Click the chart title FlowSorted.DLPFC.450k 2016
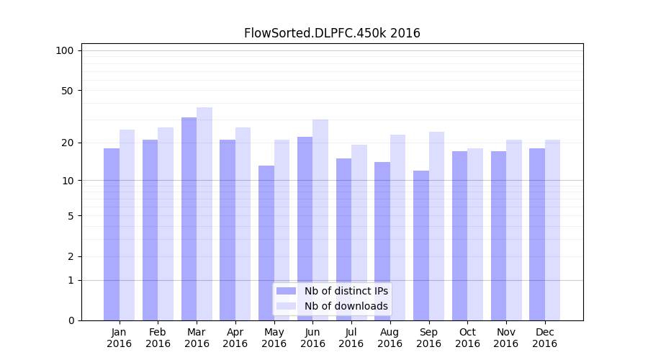[x=332, y=33]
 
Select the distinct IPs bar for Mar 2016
[x=189, y=219]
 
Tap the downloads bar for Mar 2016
[x=204, y=214]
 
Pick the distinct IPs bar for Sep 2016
[x=421, y=246]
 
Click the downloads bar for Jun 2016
[x=320, y=220]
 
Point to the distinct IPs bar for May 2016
[x=266, y=243]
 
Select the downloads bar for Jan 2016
[x=127, y=225]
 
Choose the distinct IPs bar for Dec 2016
[x=537, y=234]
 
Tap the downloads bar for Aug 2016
[x=398, y=228]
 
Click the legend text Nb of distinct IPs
[x=346, y=291]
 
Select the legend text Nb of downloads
[x=346, y=306]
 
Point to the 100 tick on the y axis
[x=65, y=50]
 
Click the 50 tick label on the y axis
[x=68, y=91]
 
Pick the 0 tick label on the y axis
[x=71, y=320]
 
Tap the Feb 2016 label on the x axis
[x=158, y=338]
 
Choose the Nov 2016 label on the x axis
[x=506, y=338]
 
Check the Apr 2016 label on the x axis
[x=235, y=338]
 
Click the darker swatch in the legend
[x=287, y=291]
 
